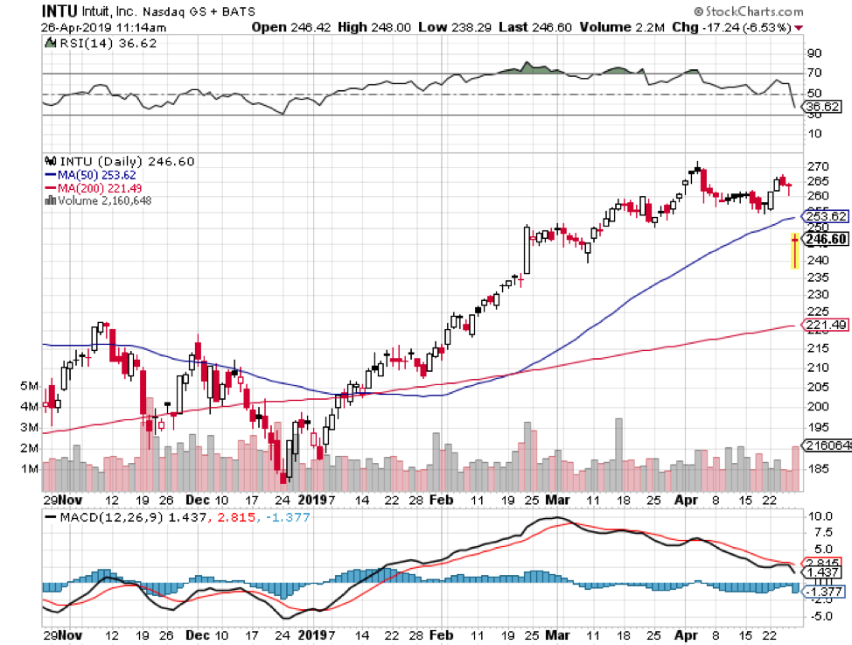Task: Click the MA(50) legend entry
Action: coord(87,174)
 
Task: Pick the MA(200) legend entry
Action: coord(90,187)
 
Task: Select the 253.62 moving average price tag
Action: coord(823,216)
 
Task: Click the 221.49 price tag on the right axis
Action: coord(823,326)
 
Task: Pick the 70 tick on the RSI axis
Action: coord(813,74)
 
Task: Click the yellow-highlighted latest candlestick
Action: coord(794,250)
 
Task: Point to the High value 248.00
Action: coord(387,27)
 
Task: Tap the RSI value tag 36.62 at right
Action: coord(821,107)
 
